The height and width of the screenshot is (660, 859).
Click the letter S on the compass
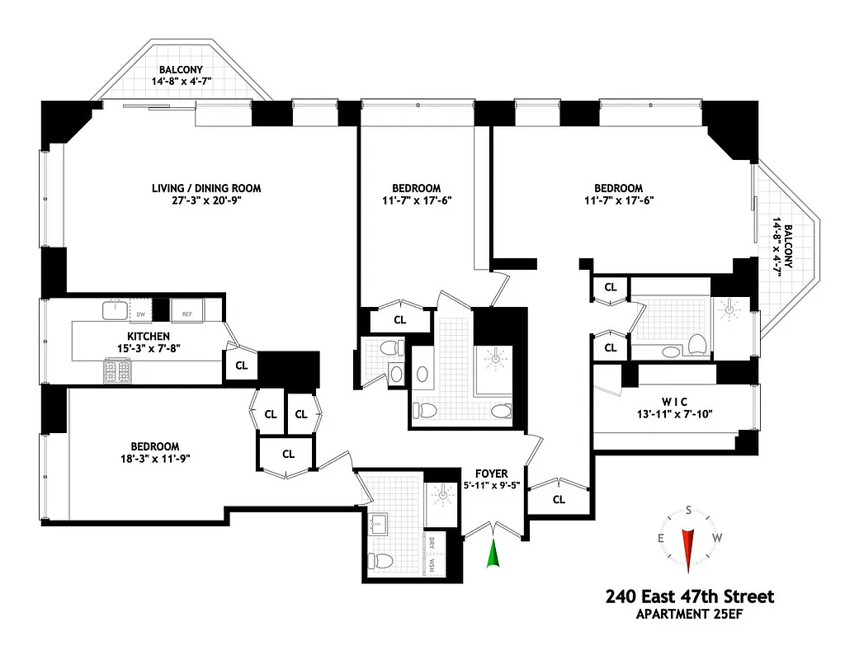[x=687, y=511]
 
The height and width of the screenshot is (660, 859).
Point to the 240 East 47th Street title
[x=690, y=596]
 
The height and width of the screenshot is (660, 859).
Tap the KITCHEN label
[x=149, y=336]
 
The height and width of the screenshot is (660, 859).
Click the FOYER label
[x=491, y=474]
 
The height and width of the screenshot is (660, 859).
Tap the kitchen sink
[x=115, y=309]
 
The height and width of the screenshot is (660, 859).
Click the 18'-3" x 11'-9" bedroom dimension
[x=149, y=459]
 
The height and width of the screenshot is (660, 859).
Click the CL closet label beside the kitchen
[x=242, y=365]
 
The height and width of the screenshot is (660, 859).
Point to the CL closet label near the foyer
[x=559, y=499]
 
